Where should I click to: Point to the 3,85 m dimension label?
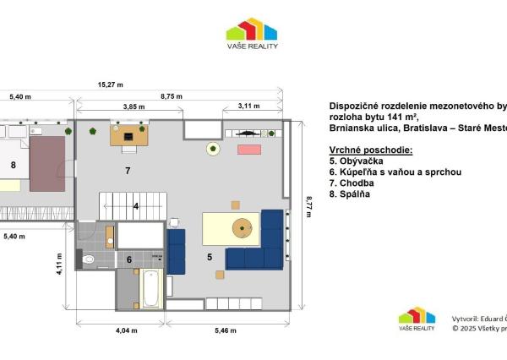(129, 107)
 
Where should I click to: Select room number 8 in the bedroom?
(14, 166)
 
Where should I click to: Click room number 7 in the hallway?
(128, 172)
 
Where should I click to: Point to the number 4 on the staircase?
(135, 205)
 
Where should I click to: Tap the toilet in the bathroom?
(90, 259)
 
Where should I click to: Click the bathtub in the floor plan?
(150, 288)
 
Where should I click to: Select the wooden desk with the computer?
(128, 136)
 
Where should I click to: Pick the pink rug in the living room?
(249, 150)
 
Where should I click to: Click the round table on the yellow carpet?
(243, 226)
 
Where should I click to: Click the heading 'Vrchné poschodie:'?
(370, 150)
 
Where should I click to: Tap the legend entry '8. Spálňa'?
(350, 194)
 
